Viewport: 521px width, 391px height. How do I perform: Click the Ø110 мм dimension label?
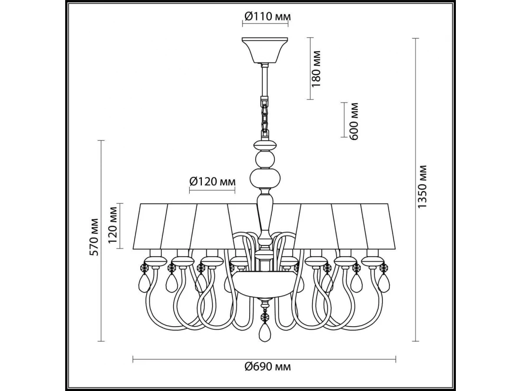click(x=267, y=17)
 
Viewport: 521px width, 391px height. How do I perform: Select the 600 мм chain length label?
click(x=354, y=121)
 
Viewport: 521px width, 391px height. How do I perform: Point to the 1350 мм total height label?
click(x=422, y=186)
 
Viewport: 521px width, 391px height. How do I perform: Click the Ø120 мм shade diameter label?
click(x=213, y=181)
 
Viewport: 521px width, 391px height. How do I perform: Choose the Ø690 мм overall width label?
click(x=267, y=367)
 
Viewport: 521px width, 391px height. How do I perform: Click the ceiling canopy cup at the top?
click(x=265, y=49)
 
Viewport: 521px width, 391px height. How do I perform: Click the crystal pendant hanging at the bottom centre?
click(x=263, y=331)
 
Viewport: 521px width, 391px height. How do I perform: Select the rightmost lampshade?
click(x=378, y=226)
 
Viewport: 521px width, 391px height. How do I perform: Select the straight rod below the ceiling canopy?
click(x=264, y=80)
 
